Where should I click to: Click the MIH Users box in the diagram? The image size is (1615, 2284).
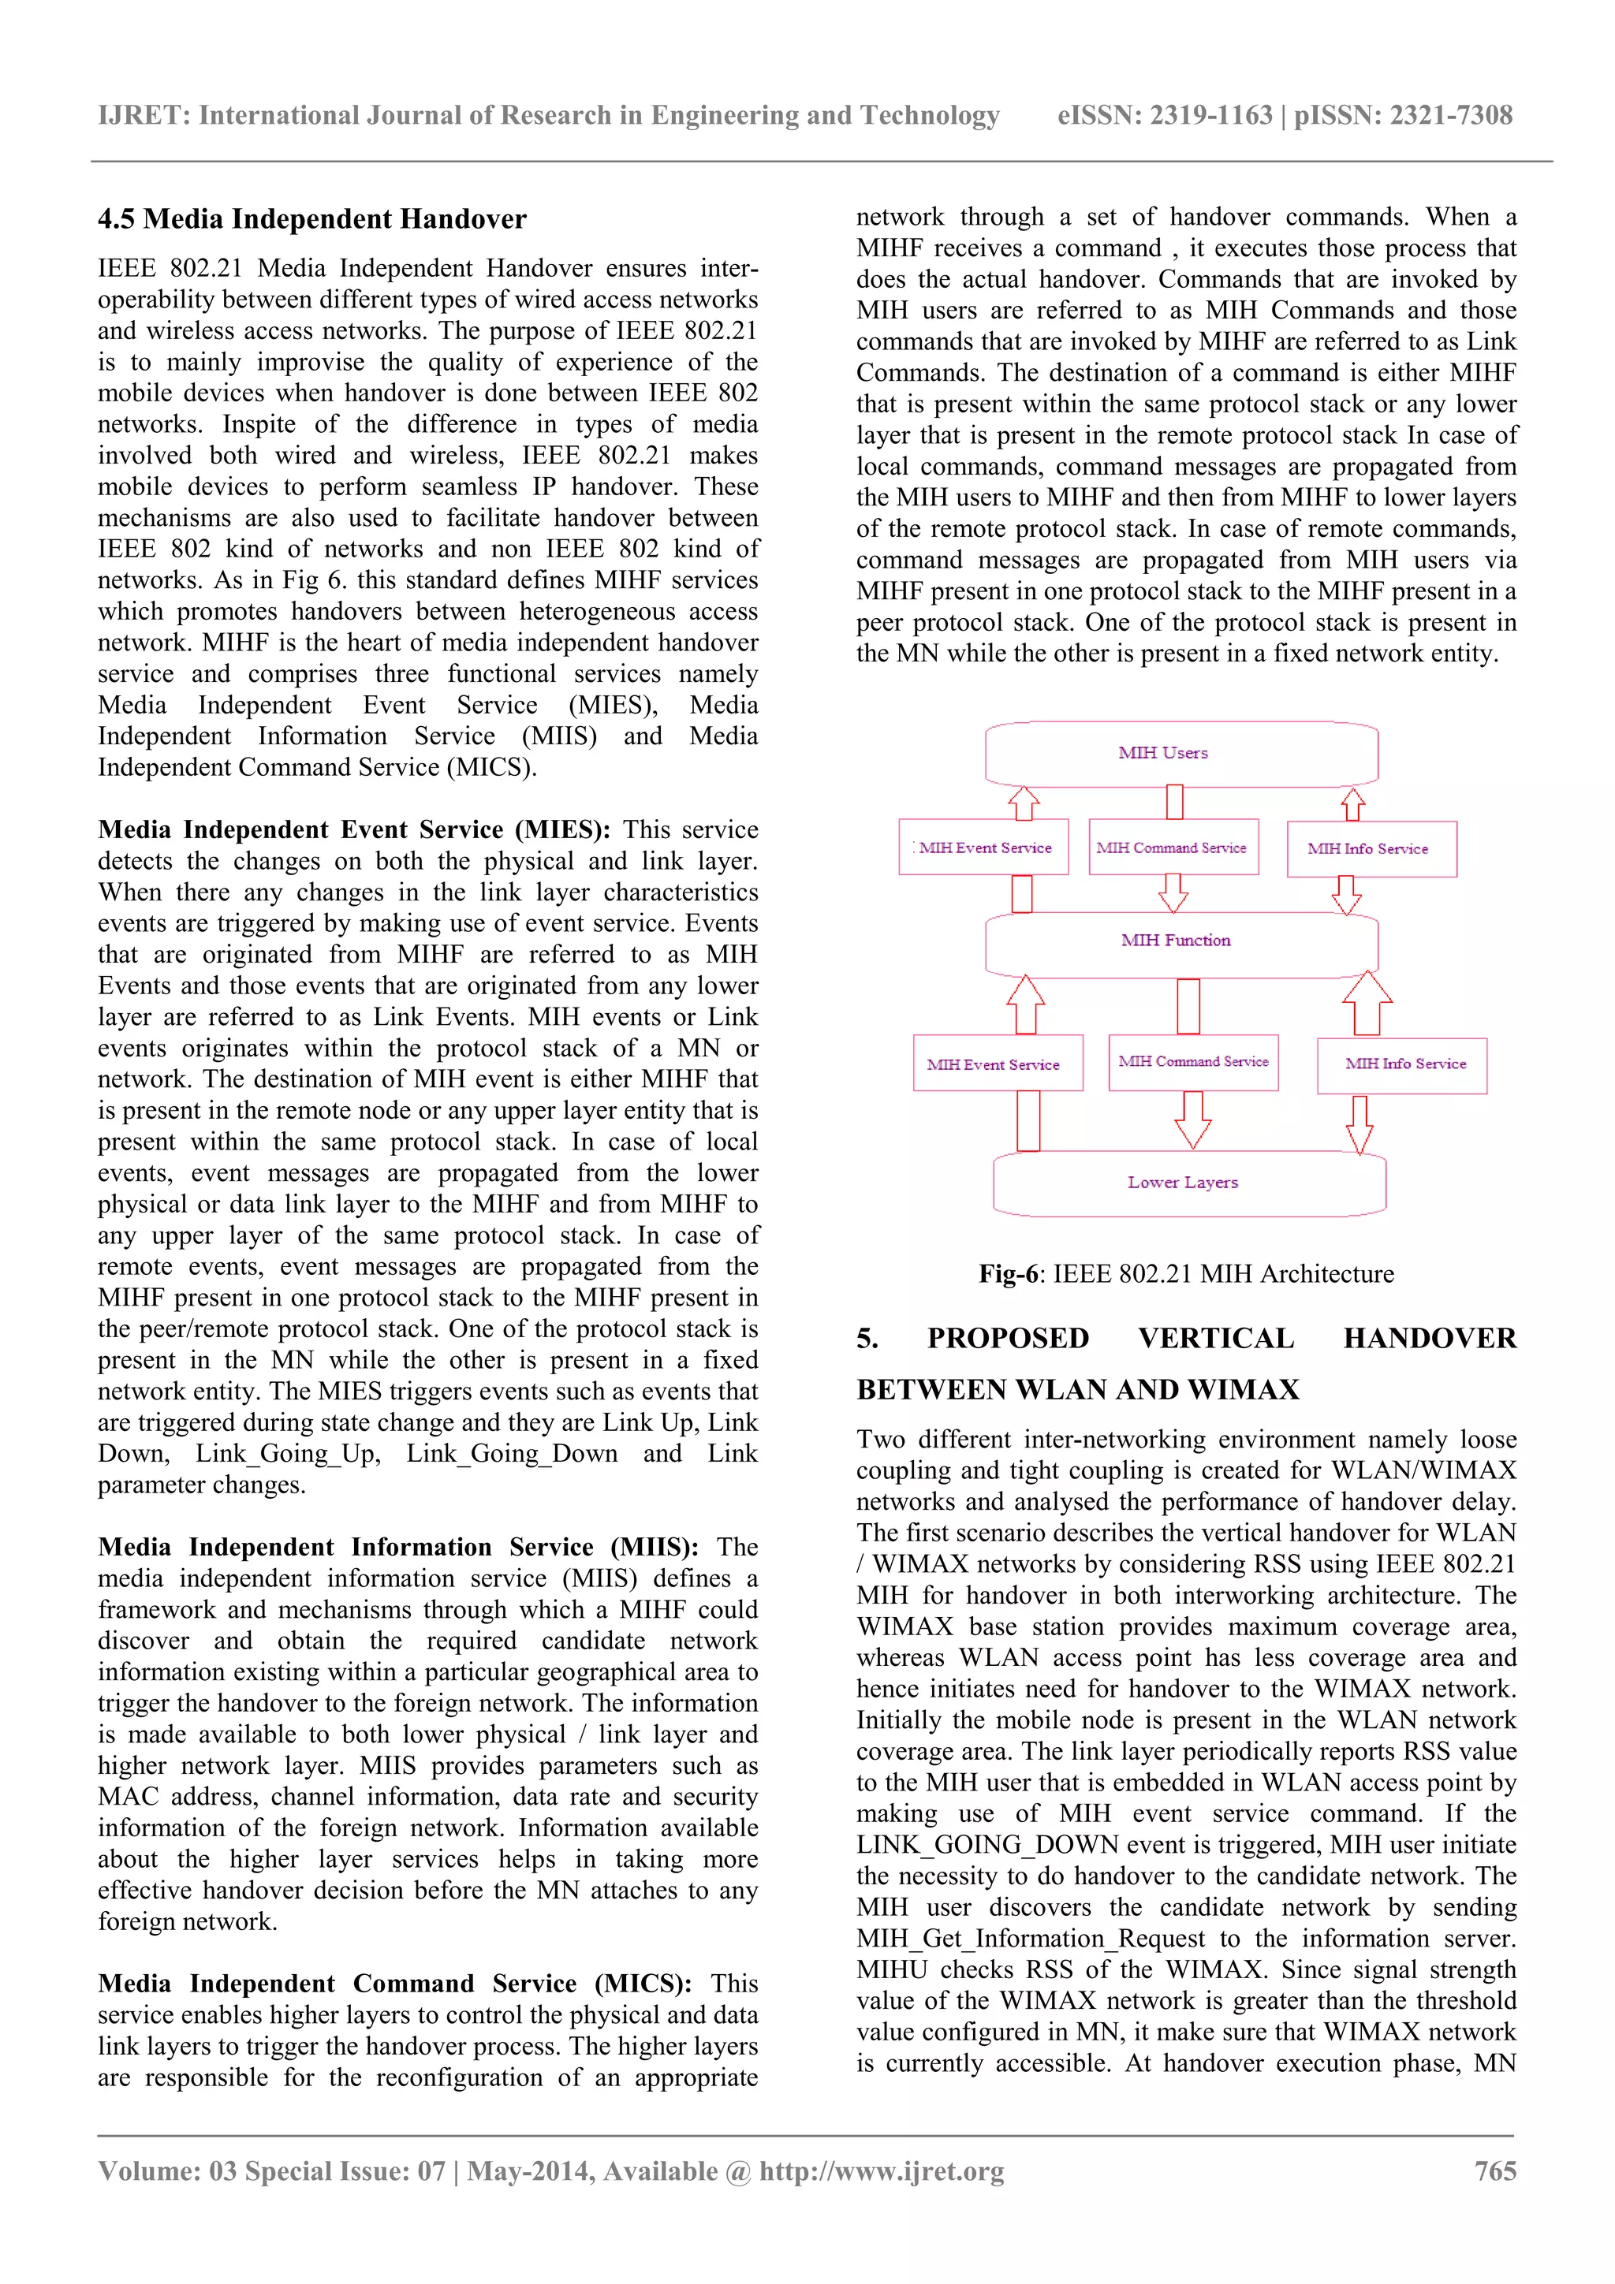pyautogui.click(x=1181, y=753)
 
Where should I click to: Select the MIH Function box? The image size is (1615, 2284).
pyautogui.click(x=1181, y=941)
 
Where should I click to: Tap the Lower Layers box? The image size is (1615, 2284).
pyautogui.click(x=1188, y=1183)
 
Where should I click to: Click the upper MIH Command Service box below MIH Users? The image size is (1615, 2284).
pyautogui.click(x=1173, y=848)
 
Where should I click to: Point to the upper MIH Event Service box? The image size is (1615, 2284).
pyautogui.click(x=983, y=848)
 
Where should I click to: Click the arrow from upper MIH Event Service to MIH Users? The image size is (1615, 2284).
pyautogui.click(x=1023, y=803)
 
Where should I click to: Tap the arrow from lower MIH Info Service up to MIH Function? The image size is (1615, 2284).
pyautogui.click(x=1367, y=1003)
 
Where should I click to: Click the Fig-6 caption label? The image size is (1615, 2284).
pyautogui.click(x=1008, y=1274)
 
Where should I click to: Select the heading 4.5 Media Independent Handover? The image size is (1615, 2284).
pyautogui.click(x=311, y=219)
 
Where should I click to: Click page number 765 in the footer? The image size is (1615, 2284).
pyautogui.click(x=1494, y=2170)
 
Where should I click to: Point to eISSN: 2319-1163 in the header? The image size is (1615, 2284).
pyautogui.click(x=1164, y=115)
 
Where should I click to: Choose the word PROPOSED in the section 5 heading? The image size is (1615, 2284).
pyautogui.click(x=1008, y=1339)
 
